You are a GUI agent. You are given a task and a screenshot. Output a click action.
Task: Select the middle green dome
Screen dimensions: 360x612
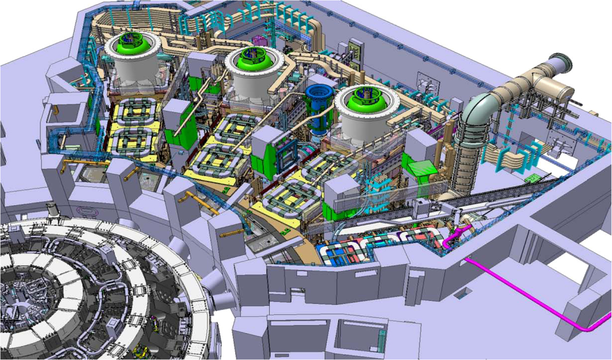pyautogui.click(x=249, y=57)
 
